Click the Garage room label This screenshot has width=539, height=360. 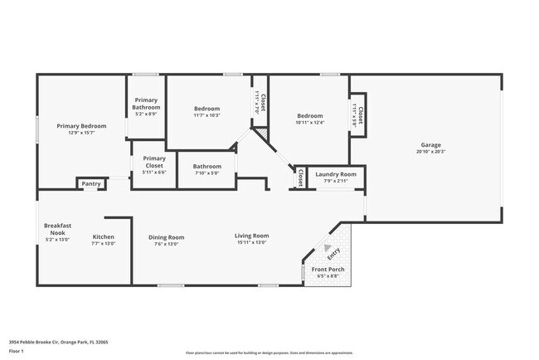point(430,144)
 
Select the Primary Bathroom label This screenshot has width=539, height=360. point(147,104)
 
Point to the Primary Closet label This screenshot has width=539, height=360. point(154,162)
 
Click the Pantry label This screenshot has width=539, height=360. point(91,184)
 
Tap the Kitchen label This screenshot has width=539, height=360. point(103,236)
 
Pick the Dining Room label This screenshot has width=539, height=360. point(166,237)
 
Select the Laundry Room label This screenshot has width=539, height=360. point(336,174)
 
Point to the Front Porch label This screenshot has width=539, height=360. point(328,270)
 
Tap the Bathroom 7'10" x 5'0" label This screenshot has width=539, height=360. point(207,166)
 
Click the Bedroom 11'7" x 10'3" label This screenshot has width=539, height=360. point(207,109)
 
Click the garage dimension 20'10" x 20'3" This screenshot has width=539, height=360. point(430,152)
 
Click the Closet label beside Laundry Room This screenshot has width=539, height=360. point(300,177)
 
